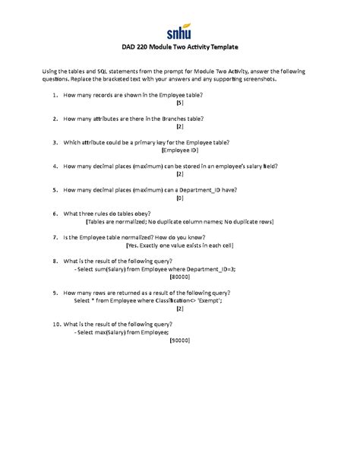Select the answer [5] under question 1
point(179,103)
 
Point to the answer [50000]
point(180,340)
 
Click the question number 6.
point(55,213)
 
